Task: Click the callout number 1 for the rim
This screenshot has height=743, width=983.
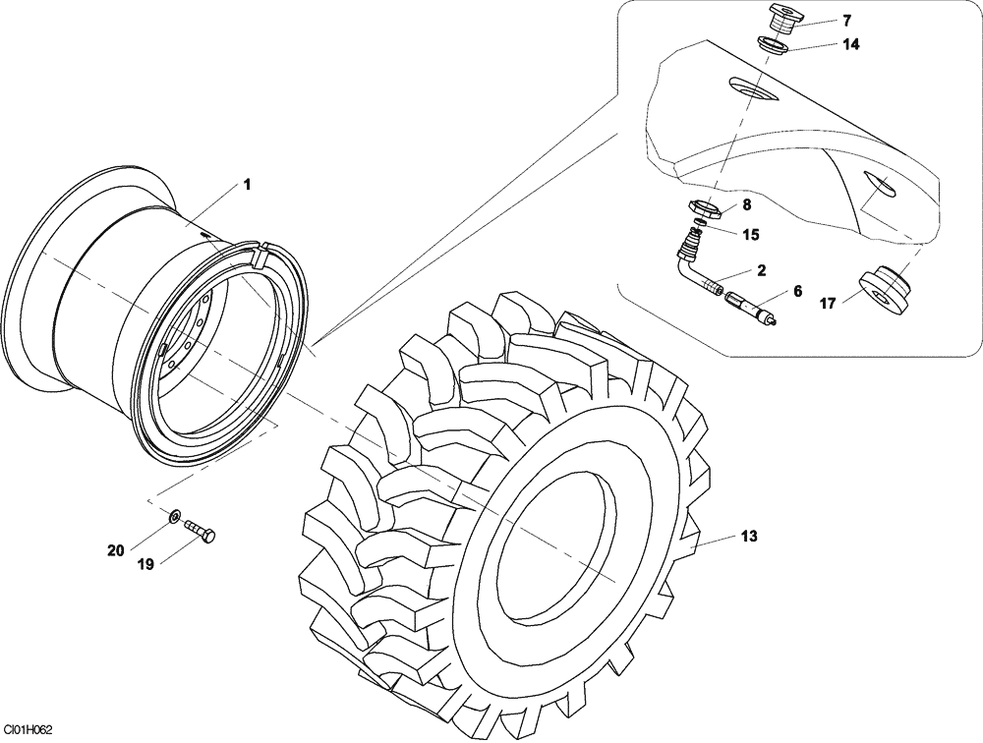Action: [247, 184]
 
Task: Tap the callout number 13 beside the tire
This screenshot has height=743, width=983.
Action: [749, 537]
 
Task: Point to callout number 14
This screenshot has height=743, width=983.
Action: [850, 45]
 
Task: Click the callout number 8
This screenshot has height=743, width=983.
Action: [747, 204]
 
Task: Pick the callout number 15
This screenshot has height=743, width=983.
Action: [750, 235]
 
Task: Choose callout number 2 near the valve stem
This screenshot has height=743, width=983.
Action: [762, 269]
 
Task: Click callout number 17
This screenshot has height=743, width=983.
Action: [828, 305]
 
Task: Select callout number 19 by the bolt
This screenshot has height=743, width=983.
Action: [145, 564]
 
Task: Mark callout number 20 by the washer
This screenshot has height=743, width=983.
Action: [115, 551]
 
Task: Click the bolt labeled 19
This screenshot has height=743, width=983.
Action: [201, 530]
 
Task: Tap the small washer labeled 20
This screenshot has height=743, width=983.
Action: [174, 516]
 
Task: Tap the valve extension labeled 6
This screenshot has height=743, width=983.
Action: [749, 308]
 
